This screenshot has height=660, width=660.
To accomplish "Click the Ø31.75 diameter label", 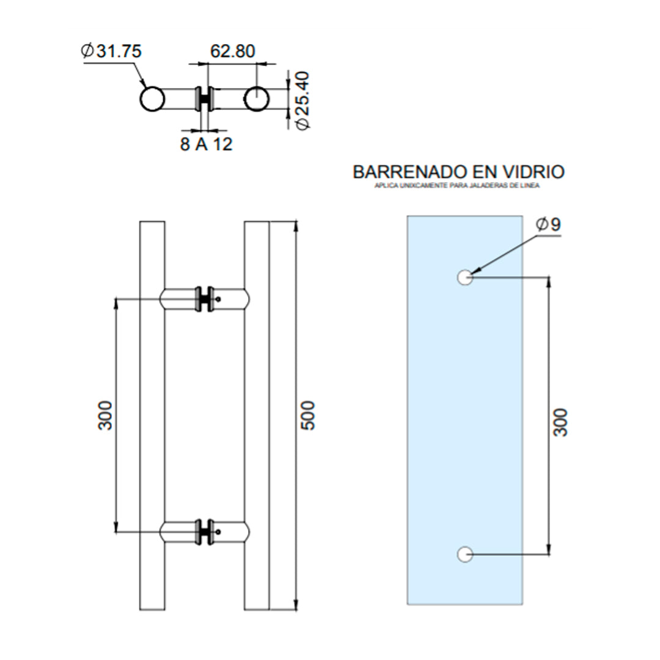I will pos(111,51).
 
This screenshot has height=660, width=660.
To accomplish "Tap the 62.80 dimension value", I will pos(232,51).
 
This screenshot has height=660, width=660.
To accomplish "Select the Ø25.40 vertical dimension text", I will pos(302,100).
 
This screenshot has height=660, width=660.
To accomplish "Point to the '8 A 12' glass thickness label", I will pos(207,145).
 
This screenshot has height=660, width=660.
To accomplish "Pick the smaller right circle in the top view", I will pos(256,99).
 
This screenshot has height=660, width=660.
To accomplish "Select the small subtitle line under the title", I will pos(457,186).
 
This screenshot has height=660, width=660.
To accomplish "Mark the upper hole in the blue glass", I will pos(464,277).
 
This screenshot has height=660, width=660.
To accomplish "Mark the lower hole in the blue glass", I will pos(464,554).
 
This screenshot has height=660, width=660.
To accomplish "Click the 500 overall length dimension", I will pos(309,416).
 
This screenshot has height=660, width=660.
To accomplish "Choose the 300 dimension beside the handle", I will pos(106,416).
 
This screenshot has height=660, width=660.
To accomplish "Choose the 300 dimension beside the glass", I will pos(560,422).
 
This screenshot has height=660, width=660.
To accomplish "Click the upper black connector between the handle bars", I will pos(205,298).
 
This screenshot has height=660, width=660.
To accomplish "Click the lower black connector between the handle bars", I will pos(205,532).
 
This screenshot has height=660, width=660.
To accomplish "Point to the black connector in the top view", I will pos(204,99).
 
